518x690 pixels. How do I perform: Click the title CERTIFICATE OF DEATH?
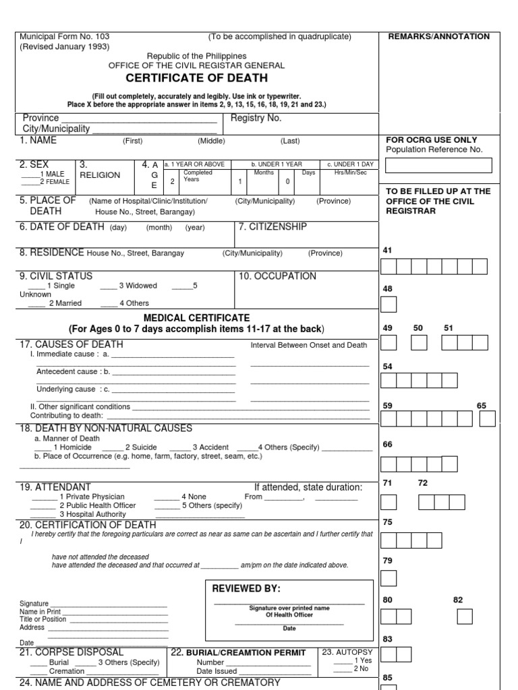[196, 78]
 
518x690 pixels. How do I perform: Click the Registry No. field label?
[256, 118]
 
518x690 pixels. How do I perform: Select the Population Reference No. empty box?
[438, 166]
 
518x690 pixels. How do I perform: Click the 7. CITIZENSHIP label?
[273, 226]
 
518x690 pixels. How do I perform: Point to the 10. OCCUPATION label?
[277, 276]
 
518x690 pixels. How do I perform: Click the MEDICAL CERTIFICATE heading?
[196, 317]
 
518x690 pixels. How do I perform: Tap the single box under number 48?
[388, 305]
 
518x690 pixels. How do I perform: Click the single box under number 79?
[388, 578]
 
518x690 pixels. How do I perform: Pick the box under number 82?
[464, 617]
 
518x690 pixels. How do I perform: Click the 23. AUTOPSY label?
[347, 652]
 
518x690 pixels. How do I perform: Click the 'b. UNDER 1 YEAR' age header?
[277, 164]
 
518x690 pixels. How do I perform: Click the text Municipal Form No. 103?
[65, 36]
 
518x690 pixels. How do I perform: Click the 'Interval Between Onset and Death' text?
[309, 345]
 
